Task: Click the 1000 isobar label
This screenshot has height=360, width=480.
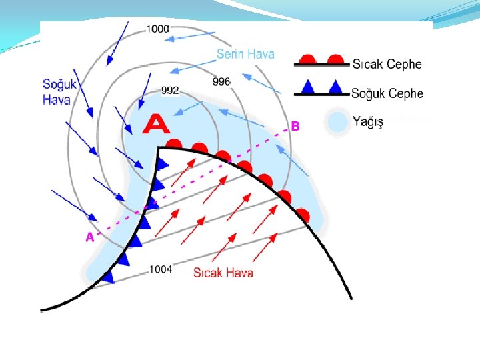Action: click(x=158, y=29)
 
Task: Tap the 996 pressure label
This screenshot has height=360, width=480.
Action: click(x=221, y=81)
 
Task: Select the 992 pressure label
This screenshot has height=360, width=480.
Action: click(x=170, y=91)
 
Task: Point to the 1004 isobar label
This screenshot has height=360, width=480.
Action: click(x=161, y=269)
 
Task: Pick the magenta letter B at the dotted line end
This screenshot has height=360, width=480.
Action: click(x=295, y=125)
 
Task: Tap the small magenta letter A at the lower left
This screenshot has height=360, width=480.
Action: click(x=89, y=237)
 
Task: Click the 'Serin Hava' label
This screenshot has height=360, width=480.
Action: click(x=245, y=54)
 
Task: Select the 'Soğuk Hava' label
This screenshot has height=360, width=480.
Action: click(x=59, y=92)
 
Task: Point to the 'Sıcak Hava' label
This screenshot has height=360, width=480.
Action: click(x=223, y=272)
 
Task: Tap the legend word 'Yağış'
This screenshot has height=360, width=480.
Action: click(x=368, y=122)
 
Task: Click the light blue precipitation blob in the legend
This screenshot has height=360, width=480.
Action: click(x=338, y=121)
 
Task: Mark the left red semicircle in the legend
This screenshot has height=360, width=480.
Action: click(x=307, y=59)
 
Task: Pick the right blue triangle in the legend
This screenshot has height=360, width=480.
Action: click(x=337, y=87)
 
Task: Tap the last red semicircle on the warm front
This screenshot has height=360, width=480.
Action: click(x=303, y=215)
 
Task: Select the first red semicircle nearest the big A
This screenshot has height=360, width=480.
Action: click(x=174, y=143)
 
